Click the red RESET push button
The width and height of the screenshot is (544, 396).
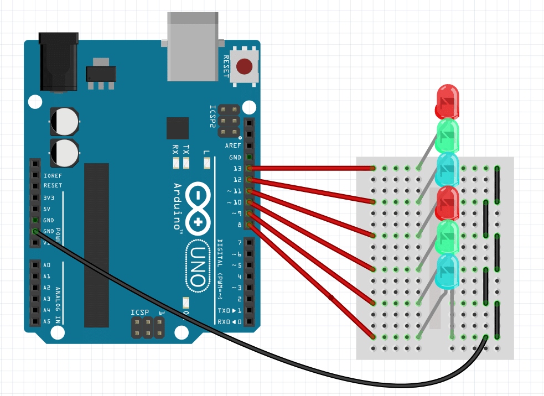245,67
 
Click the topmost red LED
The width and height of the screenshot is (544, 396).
447,100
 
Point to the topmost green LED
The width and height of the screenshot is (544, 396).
448,136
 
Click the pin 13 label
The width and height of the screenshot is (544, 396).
237,168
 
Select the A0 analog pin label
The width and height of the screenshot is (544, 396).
47,265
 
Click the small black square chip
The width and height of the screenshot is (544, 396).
177,128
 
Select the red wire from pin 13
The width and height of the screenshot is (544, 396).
310,168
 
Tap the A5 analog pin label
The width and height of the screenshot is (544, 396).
47,321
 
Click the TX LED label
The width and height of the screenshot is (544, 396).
186,150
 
